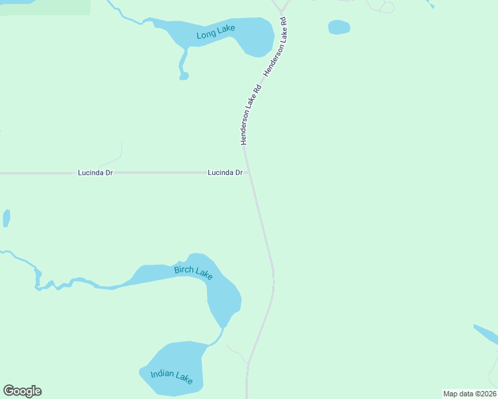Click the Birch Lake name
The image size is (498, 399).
(x=193, y=272)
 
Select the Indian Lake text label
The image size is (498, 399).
(x=171, y=376)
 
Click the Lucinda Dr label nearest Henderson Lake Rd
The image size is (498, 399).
(x=224, y=172)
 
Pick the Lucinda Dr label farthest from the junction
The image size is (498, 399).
(x=95, y=172)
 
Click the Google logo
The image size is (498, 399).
(x=22, y=391)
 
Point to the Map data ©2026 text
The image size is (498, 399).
(x=469, y=394)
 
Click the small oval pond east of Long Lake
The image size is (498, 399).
(x=339, y=27)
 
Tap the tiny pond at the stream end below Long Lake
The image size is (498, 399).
(x=184, y=76)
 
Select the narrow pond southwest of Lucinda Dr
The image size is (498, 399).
(x=7, y=218)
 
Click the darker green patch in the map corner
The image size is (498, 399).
(x=44, y=7)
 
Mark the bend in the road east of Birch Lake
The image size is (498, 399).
(x=273, y=273)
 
